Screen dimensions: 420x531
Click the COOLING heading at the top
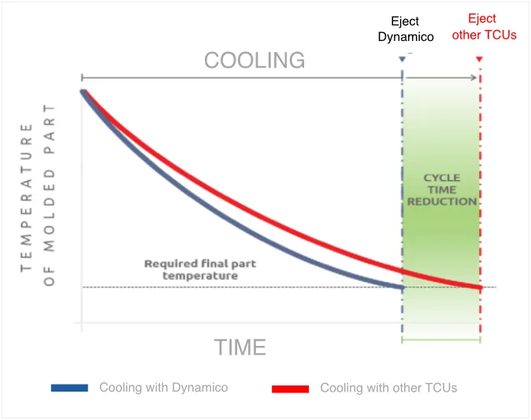point(254,60)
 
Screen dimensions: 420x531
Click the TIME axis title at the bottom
point(240,348)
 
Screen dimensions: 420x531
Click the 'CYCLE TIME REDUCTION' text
point(441,191)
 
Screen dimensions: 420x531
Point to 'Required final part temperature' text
point(191,269)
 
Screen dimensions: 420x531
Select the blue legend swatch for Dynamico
point(70,388)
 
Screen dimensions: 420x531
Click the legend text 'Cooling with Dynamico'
point(163,388)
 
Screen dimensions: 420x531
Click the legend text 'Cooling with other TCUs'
point(388,388)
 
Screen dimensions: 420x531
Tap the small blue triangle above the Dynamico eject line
point(403,59)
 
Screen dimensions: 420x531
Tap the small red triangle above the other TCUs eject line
point(480,59)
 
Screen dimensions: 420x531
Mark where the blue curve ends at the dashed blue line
point(403,287)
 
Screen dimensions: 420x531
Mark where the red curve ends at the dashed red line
point(480,287)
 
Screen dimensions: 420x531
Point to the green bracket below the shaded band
point(441,340)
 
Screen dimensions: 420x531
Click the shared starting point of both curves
point(82,91)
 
